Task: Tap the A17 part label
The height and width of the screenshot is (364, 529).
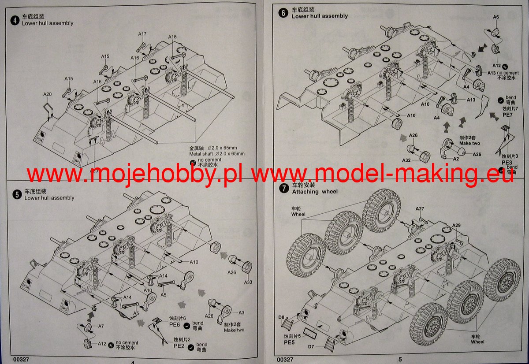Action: pyautogui.click(x=142, y=34)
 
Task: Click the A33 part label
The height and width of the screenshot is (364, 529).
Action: pyautogui.click(x=248, y=282)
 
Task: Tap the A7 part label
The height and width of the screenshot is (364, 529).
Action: pyautogui.click(x=101, y=326)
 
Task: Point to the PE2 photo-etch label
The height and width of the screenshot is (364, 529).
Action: pyautogui.click(x=179, y=346)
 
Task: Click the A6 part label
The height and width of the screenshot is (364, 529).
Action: pyautogui.click(x=495, y=17)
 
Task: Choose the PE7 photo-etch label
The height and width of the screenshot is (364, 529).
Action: pyautogui.click(x=507, y=114)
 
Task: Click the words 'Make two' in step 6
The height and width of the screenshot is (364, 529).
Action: pyautogui.click(x=457, y=143)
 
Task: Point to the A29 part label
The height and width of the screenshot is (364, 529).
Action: pyautogui.click(x=456, y=226)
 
